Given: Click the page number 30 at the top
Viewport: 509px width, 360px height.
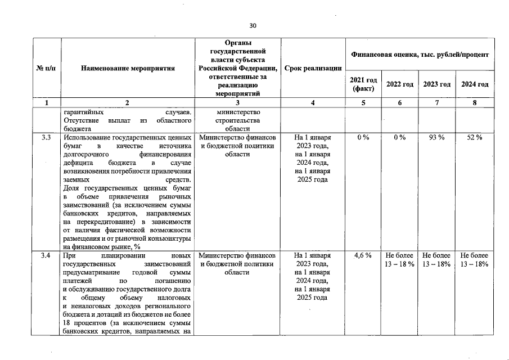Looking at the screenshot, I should pos(253,25).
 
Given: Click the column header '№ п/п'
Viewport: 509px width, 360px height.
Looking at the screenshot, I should pos(46,68).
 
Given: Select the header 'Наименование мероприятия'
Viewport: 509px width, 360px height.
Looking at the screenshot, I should pos(128,68).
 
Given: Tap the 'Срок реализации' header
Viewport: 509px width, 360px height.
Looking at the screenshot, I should pos(313,68).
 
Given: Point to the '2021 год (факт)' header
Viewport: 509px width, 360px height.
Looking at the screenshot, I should pos(363,84).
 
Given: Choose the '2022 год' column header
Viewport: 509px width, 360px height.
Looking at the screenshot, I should pos(400,84).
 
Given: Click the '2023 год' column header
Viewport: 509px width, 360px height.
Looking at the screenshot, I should pos(437,84).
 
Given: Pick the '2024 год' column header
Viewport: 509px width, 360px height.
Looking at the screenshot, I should pos(475,84).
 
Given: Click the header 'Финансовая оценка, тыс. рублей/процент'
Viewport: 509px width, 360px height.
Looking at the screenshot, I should pos(420,54).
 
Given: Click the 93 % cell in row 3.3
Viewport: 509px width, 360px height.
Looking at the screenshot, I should pos(437,137).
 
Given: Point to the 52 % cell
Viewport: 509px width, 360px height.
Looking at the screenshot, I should pos(475,137).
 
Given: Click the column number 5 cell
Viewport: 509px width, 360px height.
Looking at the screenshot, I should pos(363,103).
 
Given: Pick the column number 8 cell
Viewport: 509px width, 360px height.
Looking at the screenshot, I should pos(475,103).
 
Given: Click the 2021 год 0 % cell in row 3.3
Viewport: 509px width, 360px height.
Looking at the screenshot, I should pos(363,137).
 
